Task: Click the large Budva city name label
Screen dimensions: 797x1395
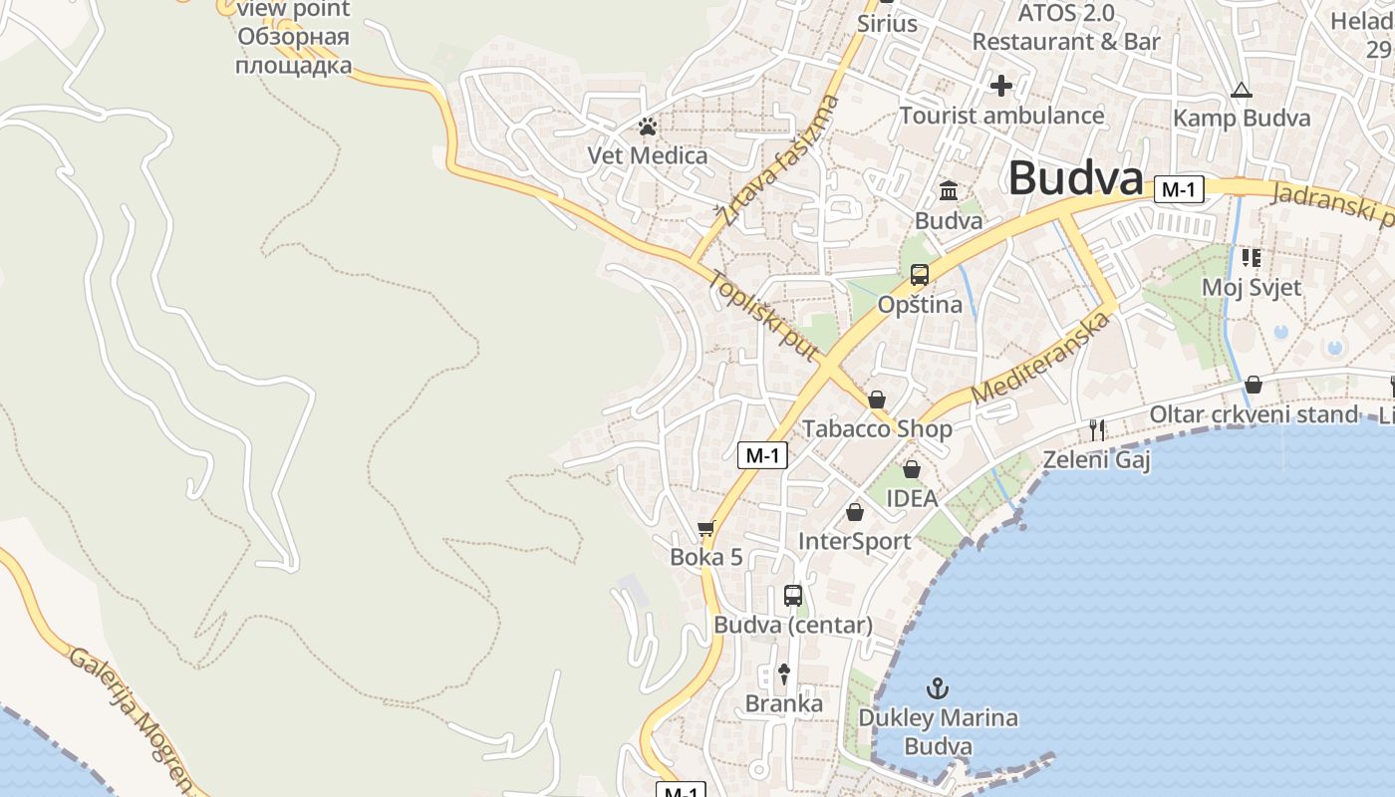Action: (1074, 178)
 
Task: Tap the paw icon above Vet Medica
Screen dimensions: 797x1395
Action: (648, 127)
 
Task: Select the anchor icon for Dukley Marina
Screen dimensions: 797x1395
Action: (937, 687)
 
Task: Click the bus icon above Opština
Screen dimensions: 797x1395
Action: (920, 275)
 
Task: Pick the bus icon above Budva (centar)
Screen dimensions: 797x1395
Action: (793, 596)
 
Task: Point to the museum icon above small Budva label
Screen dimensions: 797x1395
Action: (949, 190)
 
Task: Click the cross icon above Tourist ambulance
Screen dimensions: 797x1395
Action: (1001, 86)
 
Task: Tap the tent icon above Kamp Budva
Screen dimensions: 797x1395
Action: (1241, 91)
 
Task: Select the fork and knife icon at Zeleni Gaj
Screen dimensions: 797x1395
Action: (1097, 429)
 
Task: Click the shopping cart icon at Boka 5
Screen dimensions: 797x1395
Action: (706, 528)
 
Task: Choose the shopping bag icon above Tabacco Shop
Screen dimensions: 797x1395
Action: (877, 399)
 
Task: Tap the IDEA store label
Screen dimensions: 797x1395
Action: (912, 498)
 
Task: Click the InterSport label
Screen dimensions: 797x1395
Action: (855, 541)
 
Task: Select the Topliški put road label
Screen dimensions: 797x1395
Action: (763, 315)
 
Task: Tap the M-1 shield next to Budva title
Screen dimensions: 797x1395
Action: (1178, 189)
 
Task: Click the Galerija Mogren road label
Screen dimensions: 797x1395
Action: (131, 716)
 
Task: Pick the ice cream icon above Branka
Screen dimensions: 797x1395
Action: (784, 674)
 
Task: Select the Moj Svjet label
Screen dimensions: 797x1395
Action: (1251, 288)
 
